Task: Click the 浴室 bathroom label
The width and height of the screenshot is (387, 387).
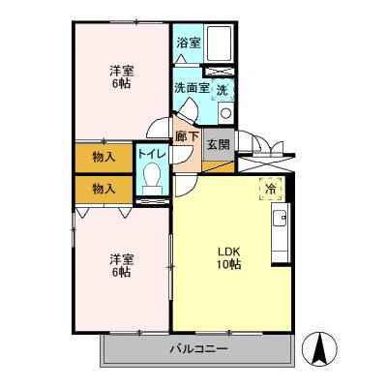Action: click(x=188, y=43)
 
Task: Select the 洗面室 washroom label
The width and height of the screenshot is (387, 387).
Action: click(x=191, y=88)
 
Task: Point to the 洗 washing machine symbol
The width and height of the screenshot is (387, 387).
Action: click(x=223, y=89)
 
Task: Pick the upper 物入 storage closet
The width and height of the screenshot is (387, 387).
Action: click(x=104, y=157)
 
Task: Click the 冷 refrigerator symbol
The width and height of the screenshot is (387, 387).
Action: click(x=270, y=191)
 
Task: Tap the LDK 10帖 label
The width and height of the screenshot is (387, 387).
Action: click(x=228, y=258)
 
